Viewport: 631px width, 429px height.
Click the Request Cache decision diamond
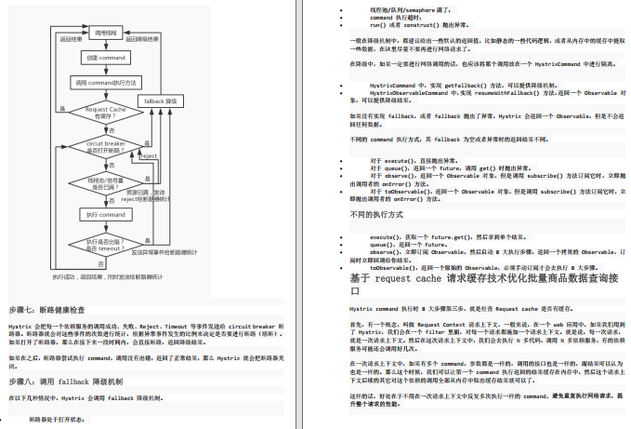pos(105,113)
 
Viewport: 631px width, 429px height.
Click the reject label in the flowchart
pos(148,155)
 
